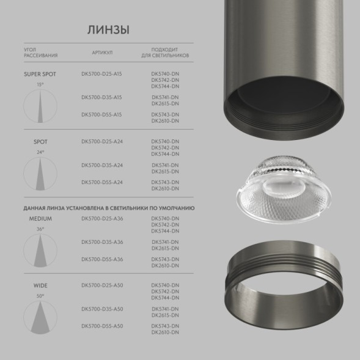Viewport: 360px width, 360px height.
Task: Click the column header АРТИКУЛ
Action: (x=102, y=53)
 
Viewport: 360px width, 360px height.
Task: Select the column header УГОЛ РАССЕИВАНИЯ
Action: (x=40, y=53)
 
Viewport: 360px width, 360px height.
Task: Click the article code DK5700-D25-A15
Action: (x=101, y=74)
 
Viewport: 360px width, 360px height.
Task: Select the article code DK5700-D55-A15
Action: (x=101, y=114)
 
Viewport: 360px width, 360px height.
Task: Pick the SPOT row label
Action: (x=40, y=141)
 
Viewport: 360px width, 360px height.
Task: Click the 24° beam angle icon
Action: (x=40, y=173)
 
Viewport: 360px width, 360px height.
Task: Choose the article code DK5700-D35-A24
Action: (x=101, y=165)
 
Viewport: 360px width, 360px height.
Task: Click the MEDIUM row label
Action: (x=40, y=218)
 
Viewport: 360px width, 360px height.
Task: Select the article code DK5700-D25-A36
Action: (x=101, y=218)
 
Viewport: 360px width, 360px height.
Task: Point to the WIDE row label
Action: (x=40, y=285)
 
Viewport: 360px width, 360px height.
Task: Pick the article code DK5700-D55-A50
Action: (x=101, y=326)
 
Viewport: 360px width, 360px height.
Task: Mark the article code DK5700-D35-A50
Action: (x=101, y=309)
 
